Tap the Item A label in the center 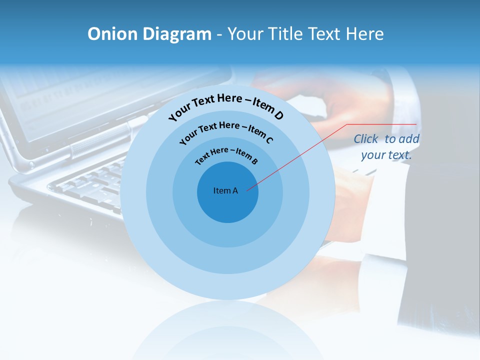coord(225,190)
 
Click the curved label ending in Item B coord(226,155)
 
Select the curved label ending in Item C coord(226,131)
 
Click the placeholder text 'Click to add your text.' coord(386,147)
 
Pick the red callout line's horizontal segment coord(382,124)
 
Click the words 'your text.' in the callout coord(386,155)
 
